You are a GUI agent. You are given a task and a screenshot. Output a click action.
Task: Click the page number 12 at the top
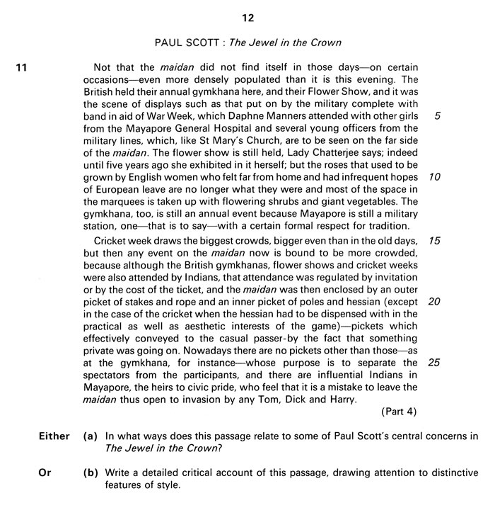(247, 14)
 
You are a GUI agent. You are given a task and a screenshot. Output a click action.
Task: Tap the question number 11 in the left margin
(21, 68)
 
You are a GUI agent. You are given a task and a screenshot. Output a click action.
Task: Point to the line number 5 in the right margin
(438, 115)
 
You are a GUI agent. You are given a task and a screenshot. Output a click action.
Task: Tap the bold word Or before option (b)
(45, 472)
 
